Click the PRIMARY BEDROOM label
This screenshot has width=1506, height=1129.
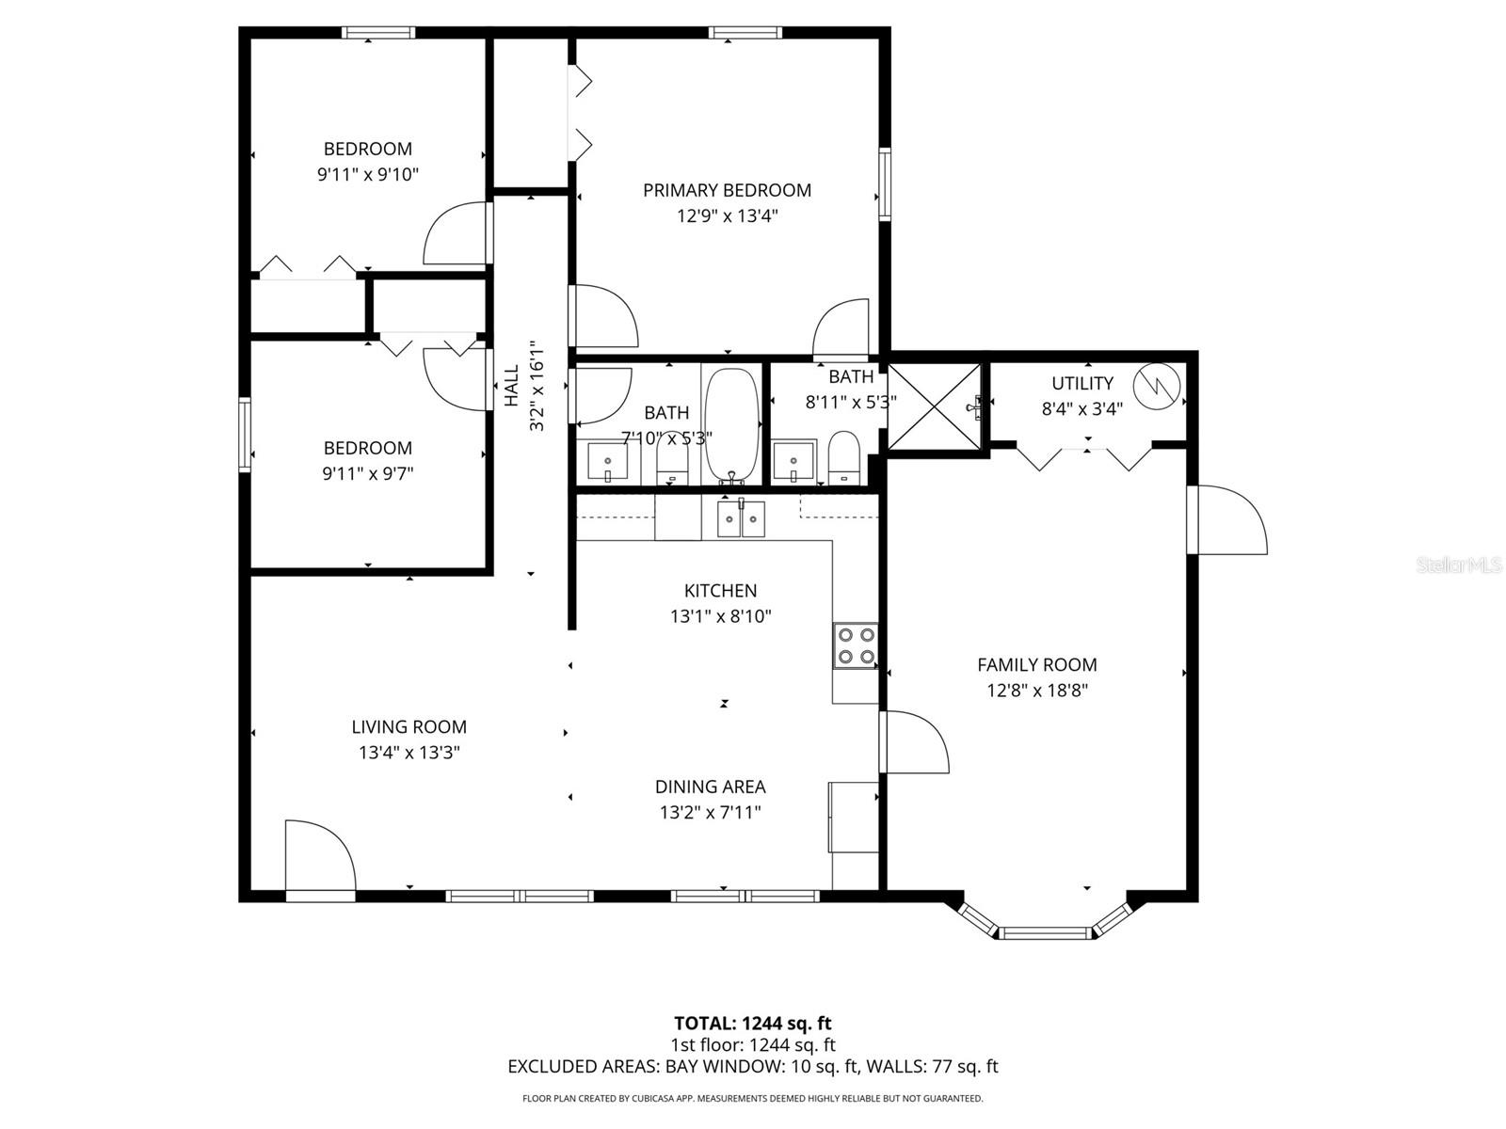click(x=727, y=190)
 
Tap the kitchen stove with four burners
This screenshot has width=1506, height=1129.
click(x=856, y=646)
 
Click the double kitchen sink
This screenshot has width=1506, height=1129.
click(x=741, y=519)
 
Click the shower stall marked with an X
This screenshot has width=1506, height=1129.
click(x=935, y=405)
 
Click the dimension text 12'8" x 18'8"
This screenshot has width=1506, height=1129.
click(x=1036, y=691)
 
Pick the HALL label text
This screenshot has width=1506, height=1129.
click(x=512, y=386)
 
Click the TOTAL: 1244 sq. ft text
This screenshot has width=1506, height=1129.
click(x=752, y=1024)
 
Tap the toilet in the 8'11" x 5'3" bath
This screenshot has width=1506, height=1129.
click(x=844, y=457)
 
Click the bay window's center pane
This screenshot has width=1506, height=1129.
click(x=1045, y=933)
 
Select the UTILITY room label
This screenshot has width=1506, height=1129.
click(x=1082, y=383)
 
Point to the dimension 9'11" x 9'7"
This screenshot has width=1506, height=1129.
click(x=367, y=473)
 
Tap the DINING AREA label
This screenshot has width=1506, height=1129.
click(x=710, y=787)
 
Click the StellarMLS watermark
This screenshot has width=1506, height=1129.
click(x=1459, y=565)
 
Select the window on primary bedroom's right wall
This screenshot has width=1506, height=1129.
click(x=885, y=183)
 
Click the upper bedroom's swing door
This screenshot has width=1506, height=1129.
click(x=457, y=235)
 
